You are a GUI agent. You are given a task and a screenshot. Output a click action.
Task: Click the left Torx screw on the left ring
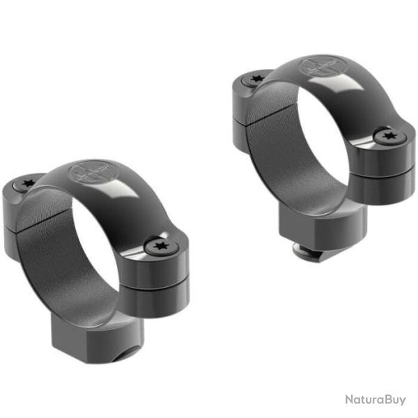click(29, 184)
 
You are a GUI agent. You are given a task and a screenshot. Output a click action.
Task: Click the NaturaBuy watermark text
click(376, 400)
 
